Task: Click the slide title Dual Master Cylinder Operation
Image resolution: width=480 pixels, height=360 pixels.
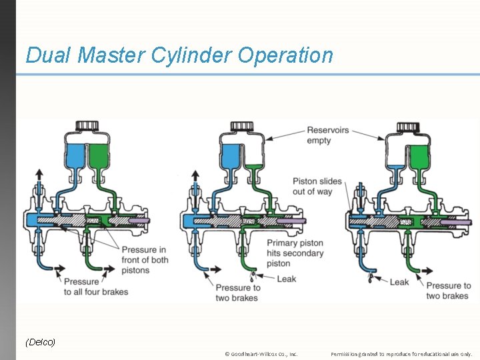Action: click(179, 55)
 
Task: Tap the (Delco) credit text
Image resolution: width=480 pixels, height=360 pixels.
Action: click(40, 342)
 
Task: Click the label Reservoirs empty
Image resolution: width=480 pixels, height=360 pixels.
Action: click(327, 135)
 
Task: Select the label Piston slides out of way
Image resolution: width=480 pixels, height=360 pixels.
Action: click(317, 186)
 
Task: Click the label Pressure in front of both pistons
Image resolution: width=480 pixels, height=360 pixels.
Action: click(144, 260)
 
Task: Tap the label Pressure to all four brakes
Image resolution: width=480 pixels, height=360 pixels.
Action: click(96, 287)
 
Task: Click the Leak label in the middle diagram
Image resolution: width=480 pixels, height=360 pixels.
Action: click(286, 279)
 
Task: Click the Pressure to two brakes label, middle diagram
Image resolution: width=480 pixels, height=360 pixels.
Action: click(237, 293)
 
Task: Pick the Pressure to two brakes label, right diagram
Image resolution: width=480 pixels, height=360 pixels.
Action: click(448, 291)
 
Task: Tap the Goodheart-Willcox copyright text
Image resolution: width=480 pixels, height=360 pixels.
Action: click(261, 354)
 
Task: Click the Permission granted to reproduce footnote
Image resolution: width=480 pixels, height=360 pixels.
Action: click(401, 354)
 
